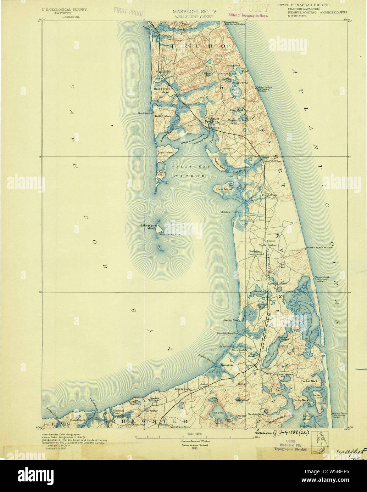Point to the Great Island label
coord(166,153)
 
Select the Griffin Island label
coord(163,116)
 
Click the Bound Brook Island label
coord(161,90)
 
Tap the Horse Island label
coord(223,189)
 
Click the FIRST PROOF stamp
coord(129,11)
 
